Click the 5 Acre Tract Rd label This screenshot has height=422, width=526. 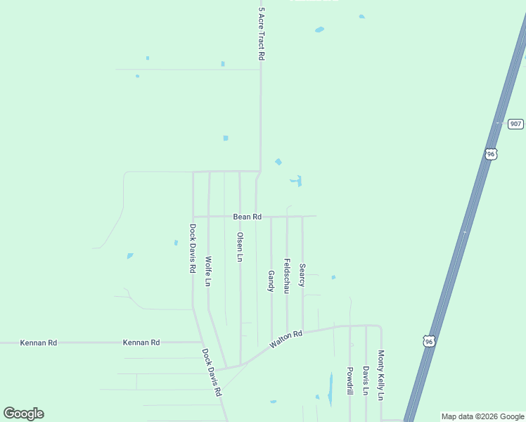click(261, 33)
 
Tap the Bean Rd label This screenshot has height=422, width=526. click(248, 217)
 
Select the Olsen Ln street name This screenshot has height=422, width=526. click(240, 247)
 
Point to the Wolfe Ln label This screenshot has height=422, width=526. click(208, 271)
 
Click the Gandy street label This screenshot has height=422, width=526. click(271, 281)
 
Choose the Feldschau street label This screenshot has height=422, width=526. click(287, 276)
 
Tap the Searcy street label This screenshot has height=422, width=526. click(302, 275)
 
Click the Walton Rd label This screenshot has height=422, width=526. click(286, 339)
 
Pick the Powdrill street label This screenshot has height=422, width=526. click(349, 380)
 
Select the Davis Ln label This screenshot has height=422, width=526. click(366, 380)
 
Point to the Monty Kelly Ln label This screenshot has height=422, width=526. click(381, 375)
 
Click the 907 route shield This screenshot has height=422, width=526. click(515, 124)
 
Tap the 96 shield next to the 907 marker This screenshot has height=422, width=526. click(491, 153)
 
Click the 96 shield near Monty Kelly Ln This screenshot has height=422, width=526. click(429, 341)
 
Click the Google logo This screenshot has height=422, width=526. click(23, 414)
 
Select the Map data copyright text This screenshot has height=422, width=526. click(482, 416)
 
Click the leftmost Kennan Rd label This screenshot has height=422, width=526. click(39, 343)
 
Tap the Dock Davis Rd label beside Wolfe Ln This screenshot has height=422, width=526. click(192, 248)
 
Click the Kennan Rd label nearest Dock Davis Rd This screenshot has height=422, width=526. click(141, 343)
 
